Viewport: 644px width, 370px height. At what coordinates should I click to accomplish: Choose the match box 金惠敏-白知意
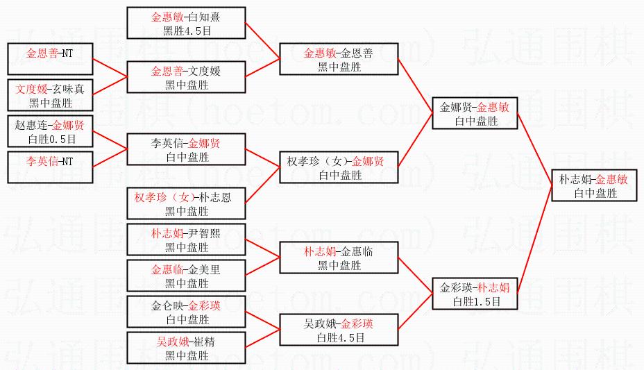click(x=186, y=22)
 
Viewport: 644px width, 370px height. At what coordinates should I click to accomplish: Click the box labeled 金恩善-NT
click(x=49, y=58)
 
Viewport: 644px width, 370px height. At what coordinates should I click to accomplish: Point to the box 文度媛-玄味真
click(x=49, y=95)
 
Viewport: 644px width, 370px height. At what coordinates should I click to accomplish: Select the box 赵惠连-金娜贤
click(x=49, y=131)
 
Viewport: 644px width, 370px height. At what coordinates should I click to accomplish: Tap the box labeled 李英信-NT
click(x=49, y=167)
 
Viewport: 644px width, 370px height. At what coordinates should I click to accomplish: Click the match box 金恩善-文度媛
click(x=186, y=77)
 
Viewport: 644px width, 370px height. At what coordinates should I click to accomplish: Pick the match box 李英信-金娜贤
click(x=186, y=149)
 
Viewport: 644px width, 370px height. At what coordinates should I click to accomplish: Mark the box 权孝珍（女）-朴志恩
click(x=186, y=203)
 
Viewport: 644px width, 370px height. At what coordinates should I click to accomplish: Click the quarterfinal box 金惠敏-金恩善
click(x=339, y=59)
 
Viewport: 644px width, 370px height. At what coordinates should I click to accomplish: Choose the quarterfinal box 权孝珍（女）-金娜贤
click(x=339, y=167)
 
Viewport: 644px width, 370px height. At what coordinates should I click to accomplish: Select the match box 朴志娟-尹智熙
click(x=186, y=239)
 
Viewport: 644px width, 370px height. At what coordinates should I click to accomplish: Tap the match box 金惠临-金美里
click(x=186, y=276)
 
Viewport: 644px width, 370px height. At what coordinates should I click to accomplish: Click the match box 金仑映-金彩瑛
click(x=186, y=312)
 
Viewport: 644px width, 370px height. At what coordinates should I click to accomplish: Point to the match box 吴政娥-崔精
click(x=186, y=348)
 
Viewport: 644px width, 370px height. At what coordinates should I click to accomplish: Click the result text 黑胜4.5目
click(x=186, y=31)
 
